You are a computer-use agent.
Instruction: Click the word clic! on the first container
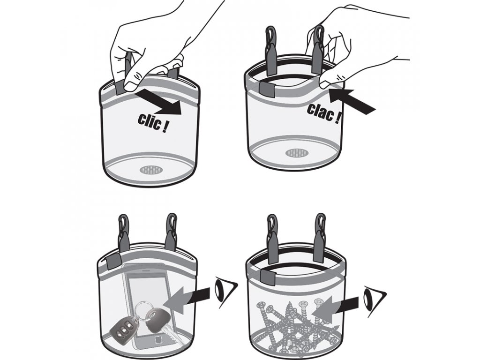click(152, 123)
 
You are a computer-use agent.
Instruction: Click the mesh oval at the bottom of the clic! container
click(150, 169)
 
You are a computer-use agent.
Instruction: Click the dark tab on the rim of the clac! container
click(267, 88)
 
